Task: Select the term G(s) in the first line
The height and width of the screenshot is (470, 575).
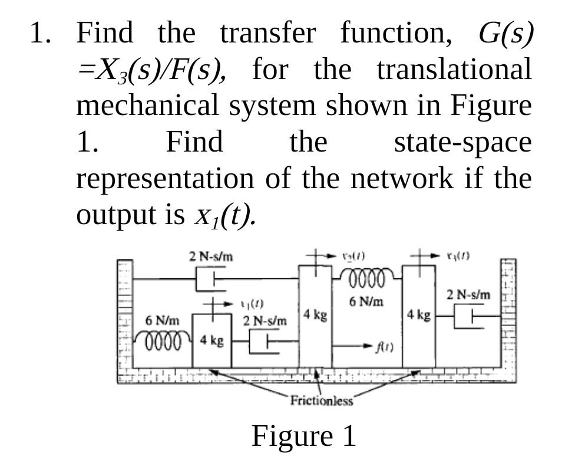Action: pos(506,34)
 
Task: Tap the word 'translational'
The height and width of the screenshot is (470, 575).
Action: pos(454,70)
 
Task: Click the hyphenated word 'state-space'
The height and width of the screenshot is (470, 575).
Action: pos(462,142)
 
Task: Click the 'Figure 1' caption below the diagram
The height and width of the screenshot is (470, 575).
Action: pos(304,436)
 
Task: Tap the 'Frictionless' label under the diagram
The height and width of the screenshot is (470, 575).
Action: pos(322,402)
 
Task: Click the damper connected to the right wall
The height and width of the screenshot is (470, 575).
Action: pos(472,315)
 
